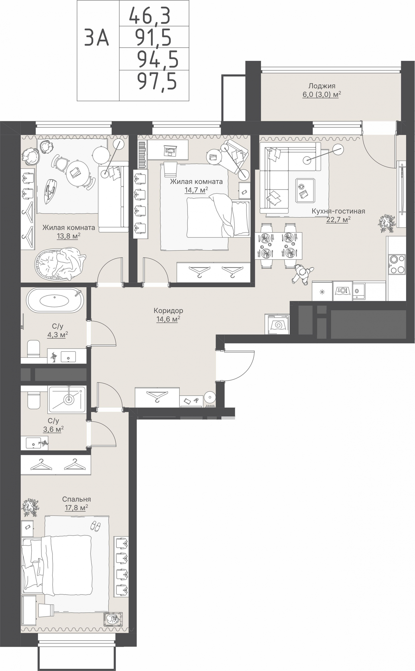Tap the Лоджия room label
coord(322,86)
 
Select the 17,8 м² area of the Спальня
coord(76,507)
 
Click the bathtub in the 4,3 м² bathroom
coord(55,300)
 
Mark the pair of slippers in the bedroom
coord(95,527)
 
